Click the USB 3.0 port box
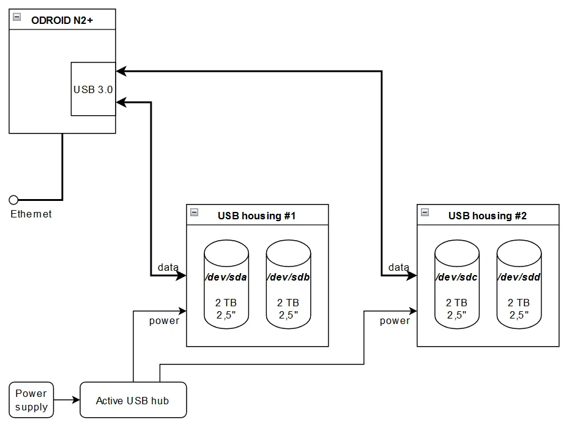[x=93, y=89]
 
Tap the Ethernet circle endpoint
[x=14, y=200]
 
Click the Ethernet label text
[x=31, y=214]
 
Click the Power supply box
[x=31, y=400]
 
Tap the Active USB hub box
[x=133, y=401]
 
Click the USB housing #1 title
[x=257, y=216]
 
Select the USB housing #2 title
[x=488, y=216]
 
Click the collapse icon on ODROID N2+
[x=17, y=17]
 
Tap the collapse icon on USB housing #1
[x=195, y=213]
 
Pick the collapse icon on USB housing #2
[x=425, y=213]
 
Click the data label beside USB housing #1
[x=168, y=267]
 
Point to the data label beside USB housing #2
[x=399, y=267]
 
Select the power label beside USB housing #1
[x=165, y=320]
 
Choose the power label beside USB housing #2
[x=395, y=320]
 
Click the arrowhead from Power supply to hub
[x=76, y=401]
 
